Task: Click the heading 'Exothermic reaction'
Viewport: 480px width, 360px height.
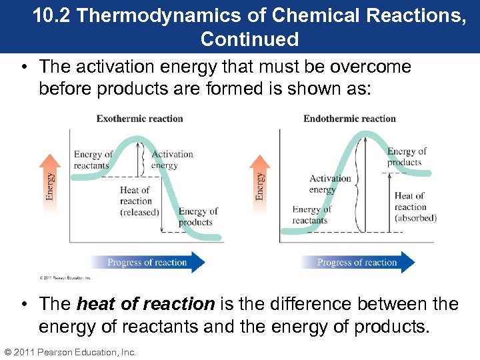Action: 139,119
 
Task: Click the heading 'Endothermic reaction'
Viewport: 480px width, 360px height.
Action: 349,119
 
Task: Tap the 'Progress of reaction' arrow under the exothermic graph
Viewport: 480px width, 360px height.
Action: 148,263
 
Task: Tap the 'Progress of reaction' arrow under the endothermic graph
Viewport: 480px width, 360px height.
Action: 357,263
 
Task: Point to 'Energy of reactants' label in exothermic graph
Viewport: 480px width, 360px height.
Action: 93,160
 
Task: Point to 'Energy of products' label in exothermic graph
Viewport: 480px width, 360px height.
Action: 197,217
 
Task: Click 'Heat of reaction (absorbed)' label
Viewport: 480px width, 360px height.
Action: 415,207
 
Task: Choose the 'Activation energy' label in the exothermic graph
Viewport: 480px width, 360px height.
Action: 171,159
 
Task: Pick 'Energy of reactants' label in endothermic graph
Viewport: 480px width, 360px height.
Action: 311,215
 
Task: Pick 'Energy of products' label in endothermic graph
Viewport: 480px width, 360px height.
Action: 407,157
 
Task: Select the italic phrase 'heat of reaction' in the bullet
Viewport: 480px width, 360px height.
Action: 145,304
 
